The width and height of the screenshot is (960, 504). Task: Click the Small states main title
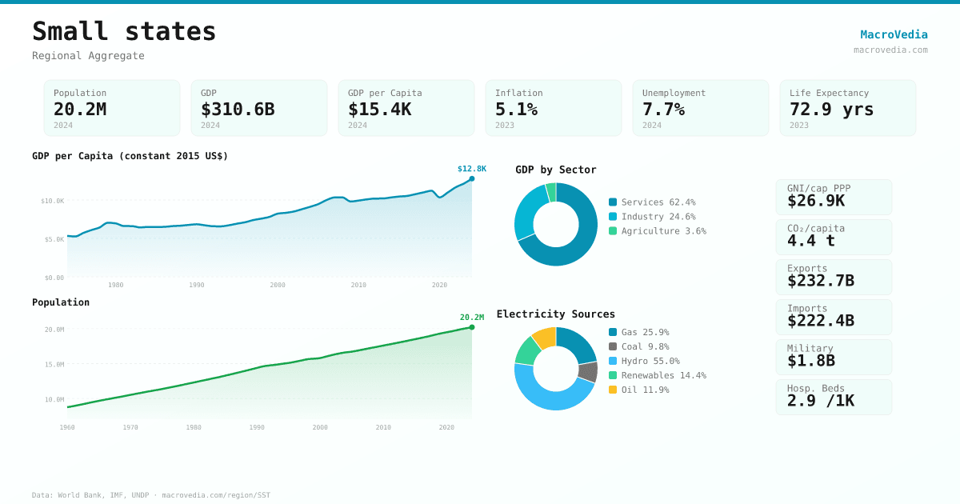[x=124, y=31]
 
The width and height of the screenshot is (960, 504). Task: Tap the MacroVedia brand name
[x=894, y=34]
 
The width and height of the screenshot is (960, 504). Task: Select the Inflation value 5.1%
[x=516, y=109]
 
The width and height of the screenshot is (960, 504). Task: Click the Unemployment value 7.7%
[x=663, y=109]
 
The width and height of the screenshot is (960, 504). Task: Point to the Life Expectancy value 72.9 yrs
[x=831, y=109]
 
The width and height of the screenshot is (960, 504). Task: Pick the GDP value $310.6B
[x=238, y=109]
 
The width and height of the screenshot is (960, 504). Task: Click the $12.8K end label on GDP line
[x=471, y=169]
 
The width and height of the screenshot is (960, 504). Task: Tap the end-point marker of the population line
[x=472, y=327]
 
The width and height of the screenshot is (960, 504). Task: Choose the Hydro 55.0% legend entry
[x=650, y=361]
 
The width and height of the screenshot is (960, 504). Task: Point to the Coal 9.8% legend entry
[x=644, y=346]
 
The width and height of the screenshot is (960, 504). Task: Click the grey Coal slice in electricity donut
[x=588, y=372]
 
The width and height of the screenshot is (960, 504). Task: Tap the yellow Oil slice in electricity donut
[x=545, y=338]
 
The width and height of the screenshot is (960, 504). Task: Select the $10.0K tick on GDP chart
[x=53, y=201]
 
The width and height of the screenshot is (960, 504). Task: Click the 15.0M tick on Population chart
[x=54, y=364]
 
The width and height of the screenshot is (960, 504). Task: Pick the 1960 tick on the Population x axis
[x=67, y=427]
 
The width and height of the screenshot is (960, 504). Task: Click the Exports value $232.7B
[x=820, y=281]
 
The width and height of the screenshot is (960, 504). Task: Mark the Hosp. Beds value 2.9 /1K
[x=820, y=401]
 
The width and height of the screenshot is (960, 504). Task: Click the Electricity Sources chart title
[x=555, y=314]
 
